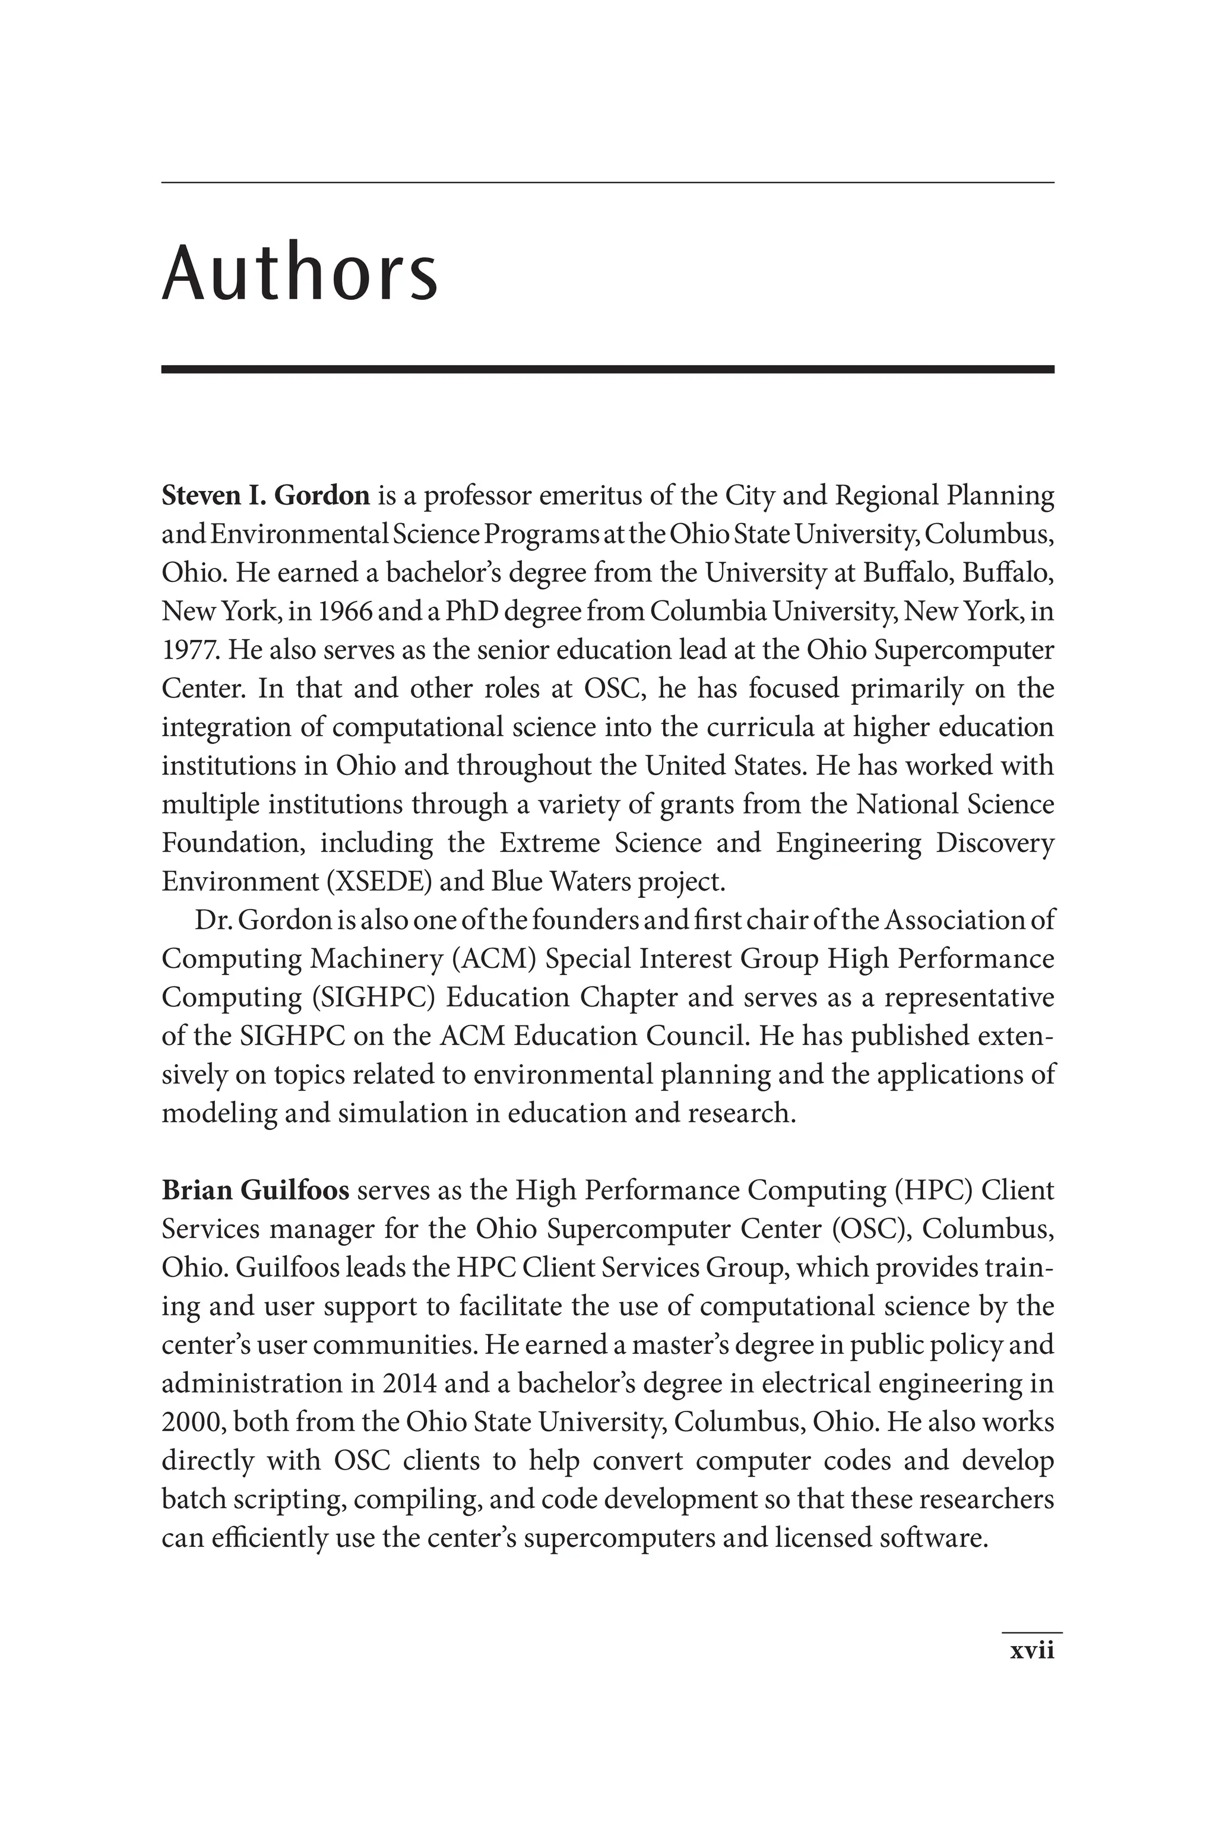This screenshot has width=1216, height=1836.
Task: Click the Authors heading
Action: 299,273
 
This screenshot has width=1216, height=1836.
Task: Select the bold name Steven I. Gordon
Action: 265,495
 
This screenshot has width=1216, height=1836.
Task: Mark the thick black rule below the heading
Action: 607,369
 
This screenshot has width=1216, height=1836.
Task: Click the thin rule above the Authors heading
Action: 607,183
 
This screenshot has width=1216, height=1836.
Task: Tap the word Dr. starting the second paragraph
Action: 213,920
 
